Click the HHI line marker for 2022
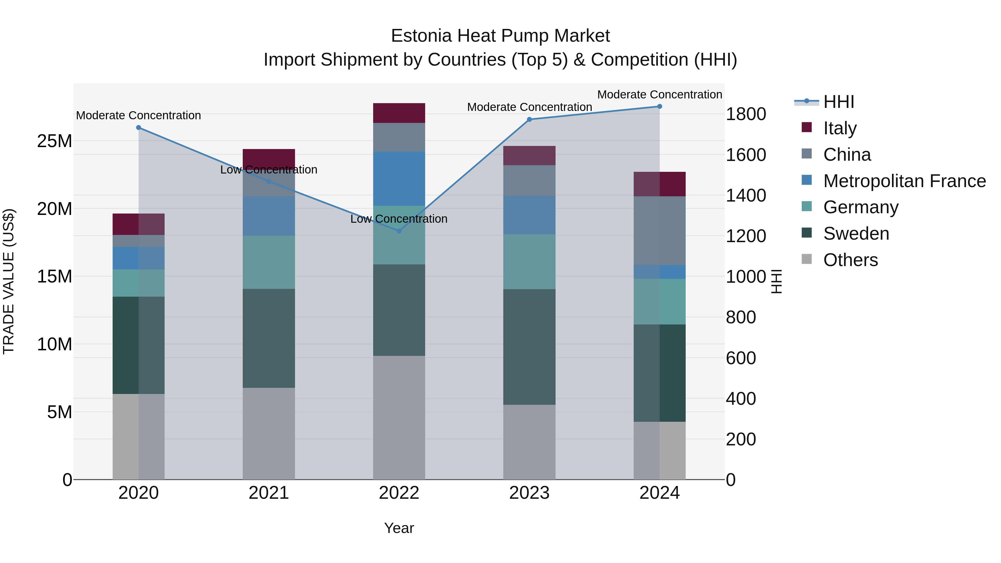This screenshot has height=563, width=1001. click(x=399, y=231)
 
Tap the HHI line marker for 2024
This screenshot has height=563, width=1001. click(x=660, y=106)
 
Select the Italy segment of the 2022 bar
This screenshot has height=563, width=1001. click(x=399, y=113)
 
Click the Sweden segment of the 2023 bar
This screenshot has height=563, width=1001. click(x=529, y=347)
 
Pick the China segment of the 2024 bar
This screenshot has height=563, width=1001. click(x=660, y=231)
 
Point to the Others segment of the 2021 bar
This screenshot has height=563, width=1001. click(x=269, y=433)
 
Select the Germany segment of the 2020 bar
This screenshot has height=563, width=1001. click(x=138, y=283)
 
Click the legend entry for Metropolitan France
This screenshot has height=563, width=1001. click(x=904, y=181)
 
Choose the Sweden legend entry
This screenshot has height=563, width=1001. click(x=856, y=234)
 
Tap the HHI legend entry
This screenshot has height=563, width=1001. click(x=839, y=102)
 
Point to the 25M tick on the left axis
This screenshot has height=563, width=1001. click(x=54, y=141)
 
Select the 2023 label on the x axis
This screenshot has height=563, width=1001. click(x=529, y=493)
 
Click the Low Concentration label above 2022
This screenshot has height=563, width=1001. click(x=399, y=219)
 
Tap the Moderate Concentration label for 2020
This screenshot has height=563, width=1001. click(x=138, y=115)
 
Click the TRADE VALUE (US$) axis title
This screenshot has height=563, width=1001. click(x=9, y=281)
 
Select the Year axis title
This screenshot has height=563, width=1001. click(x=399, y=528)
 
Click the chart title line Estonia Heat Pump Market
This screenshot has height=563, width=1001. click(x=500, y=36)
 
